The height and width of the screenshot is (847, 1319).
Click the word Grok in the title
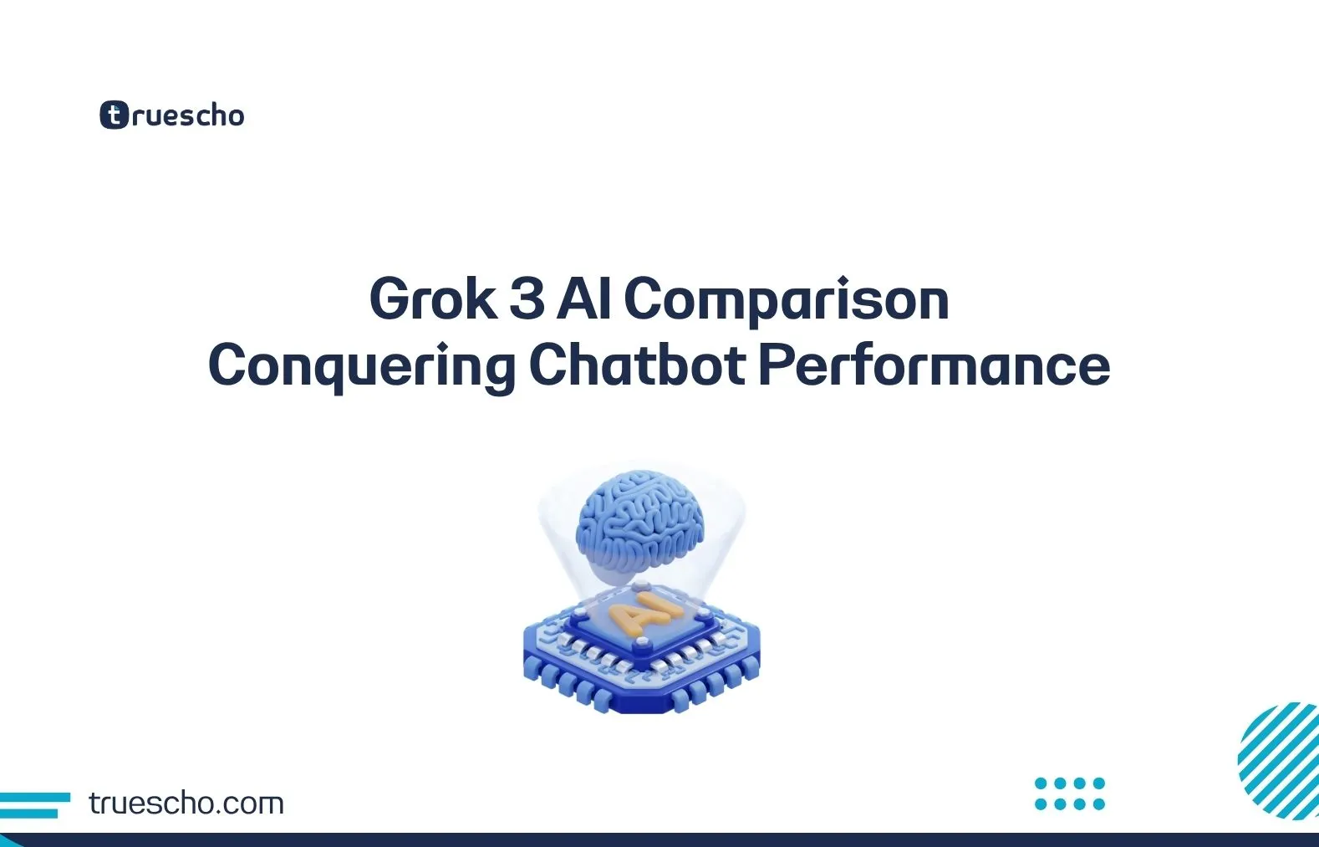(x=433, y=298)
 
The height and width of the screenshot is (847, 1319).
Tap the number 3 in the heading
(x=527, y=298)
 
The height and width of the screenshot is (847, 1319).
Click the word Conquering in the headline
(x=361, y=366)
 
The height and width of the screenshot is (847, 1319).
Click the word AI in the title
(x=584, y=298)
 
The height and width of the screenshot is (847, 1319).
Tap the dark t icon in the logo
(x=114, y=115)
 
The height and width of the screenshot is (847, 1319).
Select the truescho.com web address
(x=186, y=804)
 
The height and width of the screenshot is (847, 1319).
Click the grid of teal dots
(x=1069, y=793)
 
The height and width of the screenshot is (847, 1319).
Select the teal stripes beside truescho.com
(x=33, y=804)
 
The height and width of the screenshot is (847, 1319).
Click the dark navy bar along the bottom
(x=659, y=839)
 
